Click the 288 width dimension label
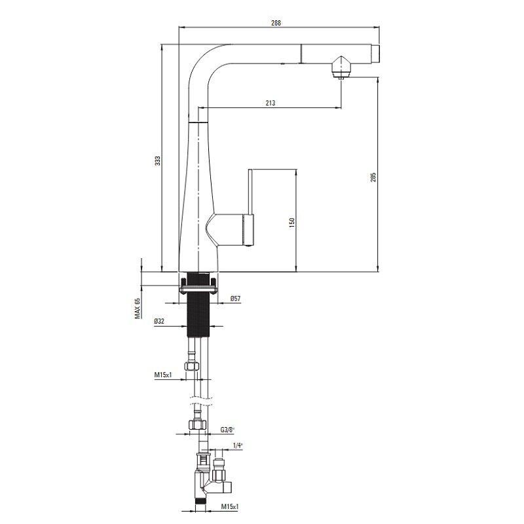tap(276, 23)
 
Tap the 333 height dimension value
tap(158, 160)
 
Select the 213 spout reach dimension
tap(271, 103)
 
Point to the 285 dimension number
tap(373, 177)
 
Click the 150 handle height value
tap(291, 223)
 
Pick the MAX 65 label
tap(138, 308)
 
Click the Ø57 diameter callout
tap(235, 299)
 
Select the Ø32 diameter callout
tap(159, 321)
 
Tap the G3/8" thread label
tap(227, 430)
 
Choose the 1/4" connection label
tap(238, 445)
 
